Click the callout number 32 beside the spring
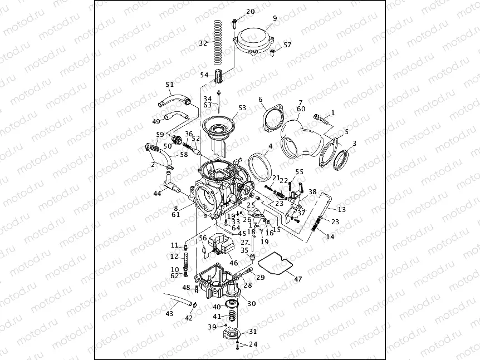(x=203, y=43)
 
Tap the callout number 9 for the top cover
(x=275, y=18)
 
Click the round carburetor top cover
(x=256, y=40)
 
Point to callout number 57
(x=287, y=45)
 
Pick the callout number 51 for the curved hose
(x=169, y=85)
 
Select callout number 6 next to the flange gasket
(x=260, y=100)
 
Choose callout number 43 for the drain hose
(x=169, y=314)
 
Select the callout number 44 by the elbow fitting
(x=158, y=193)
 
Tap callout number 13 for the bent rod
(x=341, y=209)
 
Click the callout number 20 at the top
(x=250, y=12)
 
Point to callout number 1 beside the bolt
(x=332, y=112)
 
